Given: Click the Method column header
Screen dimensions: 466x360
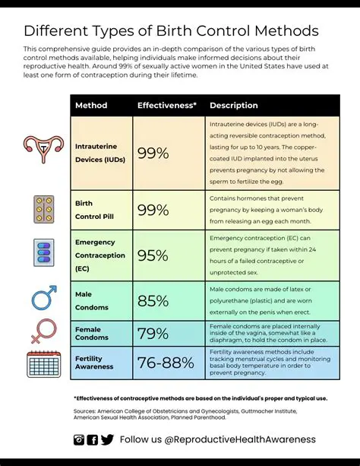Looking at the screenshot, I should point(91,105).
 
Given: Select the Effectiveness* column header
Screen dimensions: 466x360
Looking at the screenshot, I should point(167,105).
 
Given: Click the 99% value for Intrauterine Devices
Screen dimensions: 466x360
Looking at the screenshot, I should point(153,154).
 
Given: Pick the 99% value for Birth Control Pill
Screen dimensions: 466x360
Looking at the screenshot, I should point(153,211).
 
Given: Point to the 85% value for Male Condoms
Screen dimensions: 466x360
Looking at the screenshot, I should point(153,301).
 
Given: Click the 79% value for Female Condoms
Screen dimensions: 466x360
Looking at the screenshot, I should point(153,333).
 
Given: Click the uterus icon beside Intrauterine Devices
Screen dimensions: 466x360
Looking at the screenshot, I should point(43,148).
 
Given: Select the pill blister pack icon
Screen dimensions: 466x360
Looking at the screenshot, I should point(44,209).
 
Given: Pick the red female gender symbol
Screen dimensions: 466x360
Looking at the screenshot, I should point(43,331).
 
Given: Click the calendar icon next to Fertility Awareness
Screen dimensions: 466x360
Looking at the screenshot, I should point(43,363).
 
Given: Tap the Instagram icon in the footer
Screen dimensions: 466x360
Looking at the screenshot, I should point(79,439).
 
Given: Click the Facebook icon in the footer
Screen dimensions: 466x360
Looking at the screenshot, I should point(93,439).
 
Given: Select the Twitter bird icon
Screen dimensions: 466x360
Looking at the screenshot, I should point(107,439).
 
